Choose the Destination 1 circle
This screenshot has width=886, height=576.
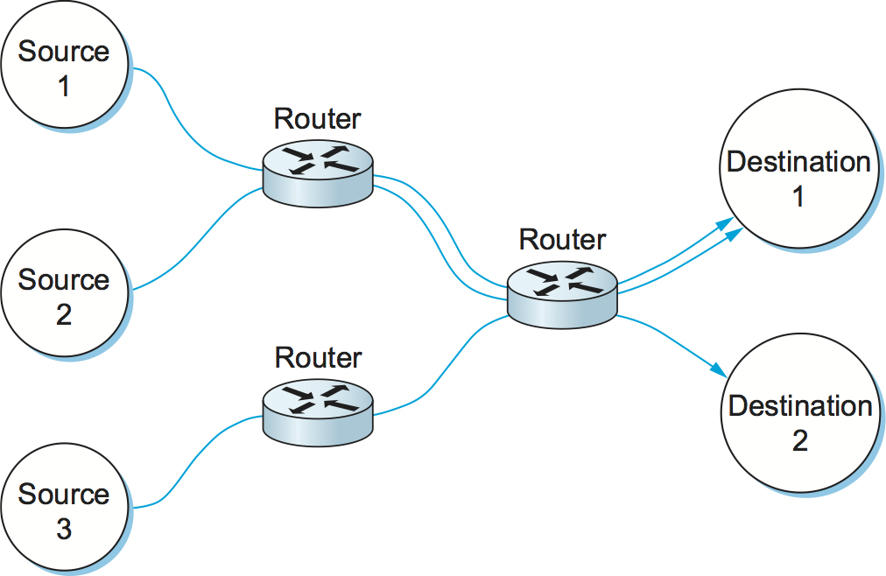(x=798, y=179)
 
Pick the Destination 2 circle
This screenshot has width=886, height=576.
(x=799, y=423)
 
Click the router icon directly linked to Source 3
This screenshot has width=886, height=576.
(x=317, y=404)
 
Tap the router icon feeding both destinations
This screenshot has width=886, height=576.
(x=562, y=293)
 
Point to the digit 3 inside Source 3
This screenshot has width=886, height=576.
(x=64, y=530)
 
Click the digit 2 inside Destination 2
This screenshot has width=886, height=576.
(x=800, y=440)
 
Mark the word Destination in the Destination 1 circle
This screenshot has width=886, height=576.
(x=798, y=162)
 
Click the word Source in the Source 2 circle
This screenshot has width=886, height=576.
(x=64, y=280)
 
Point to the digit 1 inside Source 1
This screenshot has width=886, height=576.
(x=64, y=87)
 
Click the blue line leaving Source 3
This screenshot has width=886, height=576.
(x=193, y=464)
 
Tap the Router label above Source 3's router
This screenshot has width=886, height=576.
(x=318, y=358)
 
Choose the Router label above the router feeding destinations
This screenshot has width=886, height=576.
(x=562, y=239)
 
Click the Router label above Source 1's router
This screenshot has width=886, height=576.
(x=317, y=119)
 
